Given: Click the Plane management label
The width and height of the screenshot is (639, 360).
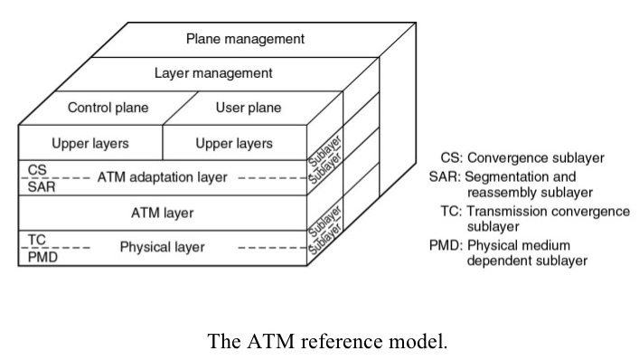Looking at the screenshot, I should point(245,39).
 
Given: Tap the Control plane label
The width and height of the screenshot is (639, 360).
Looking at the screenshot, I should point(108,108).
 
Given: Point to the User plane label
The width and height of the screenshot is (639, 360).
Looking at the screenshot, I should point(248,108).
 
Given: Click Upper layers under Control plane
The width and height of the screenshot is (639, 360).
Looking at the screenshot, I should point(89,143).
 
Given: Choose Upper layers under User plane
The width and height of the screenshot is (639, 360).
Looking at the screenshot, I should point(234,143).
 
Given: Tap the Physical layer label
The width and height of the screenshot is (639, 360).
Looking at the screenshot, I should point(163,247).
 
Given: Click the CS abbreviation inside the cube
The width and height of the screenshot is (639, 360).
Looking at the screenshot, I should point(37,170).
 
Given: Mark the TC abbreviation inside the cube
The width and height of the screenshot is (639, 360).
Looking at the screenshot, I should point(37,240).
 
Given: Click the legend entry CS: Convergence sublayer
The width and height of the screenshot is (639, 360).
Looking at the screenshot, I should point(522,158).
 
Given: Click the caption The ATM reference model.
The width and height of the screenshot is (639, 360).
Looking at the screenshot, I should point(327,341).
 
